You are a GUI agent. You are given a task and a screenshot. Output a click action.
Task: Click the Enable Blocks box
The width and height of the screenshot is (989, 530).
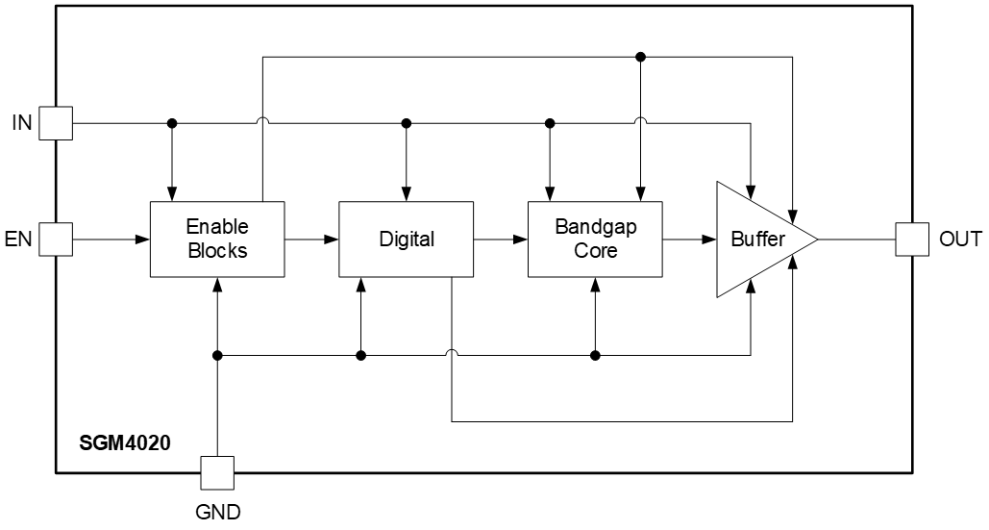tap(217, 239)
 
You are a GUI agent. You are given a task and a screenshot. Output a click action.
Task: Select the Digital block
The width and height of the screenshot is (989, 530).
tap(406, 239)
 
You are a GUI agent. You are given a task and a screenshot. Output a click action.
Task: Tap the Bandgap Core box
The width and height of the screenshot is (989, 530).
tap(595, 239)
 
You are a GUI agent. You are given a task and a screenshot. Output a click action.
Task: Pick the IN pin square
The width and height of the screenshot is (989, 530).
tap(57, 123)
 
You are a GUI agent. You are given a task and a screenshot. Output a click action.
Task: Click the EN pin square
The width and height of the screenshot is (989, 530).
tap(57, 239)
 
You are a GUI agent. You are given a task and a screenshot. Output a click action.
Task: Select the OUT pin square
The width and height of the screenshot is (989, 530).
tap(911, 239)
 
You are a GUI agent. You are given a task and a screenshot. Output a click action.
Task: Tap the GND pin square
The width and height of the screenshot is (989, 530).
tap(218, 472)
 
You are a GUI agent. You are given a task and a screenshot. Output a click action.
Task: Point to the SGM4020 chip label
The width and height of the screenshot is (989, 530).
tap(125, 445)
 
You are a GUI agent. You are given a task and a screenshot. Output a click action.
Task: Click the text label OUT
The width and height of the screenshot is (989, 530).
tap(960, 240)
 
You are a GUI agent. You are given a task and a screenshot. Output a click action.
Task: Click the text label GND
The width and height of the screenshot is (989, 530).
tap(218, 512)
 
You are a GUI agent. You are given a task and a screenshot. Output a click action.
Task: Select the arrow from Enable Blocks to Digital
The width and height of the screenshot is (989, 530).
tap(312, 239)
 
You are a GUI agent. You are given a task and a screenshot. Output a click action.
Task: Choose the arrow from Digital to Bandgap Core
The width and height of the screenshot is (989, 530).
tap(501, 239)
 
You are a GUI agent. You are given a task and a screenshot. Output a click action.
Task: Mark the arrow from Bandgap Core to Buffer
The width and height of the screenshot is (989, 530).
tap(689, 239)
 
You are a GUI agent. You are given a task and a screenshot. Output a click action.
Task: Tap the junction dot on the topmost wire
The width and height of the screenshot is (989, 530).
tap(641, 58)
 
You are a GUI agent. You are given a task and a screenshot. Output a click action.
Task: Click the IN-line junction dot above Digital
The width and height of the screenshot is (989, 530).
tap(407, 123)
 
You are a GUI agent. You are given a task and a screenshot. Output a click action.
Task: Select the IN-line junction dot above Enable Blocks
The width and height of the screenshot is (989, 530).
tap(172, 123)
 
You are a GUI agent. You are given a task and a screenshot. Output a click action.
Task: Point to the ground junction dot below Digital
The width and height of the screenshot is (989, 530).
tap(361, 356)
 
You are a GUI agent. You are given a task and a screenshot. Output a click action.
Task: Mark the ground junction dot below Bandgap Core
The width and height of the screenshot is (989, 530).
tap(595, 356)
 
